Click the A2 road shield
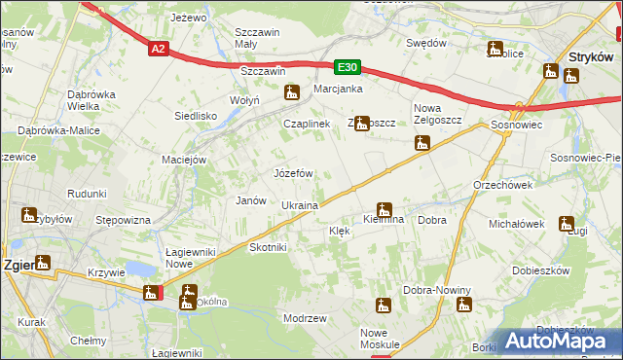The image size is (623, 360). (x=161, y=47)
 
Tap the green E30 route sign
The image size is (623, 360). (x=348, y=67)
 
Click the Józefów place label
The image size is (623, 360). (x=293, y=173)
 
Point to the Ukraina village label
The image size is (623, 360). (x=300, y=206)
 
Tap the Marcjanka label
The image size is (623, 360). (x=338, y=89)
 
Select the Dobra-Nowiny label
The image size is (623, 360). (x=437, y=290)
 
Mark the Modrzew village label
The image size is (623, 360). (x=304, y=318)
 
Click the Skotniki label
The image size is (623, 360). (x=269, y=247)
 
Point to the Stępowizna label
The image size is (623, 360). (x=123, y=220)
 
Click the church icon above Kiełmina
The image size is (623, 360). (x=385, y=208)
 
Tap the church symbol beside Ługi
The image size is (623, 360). (x=566, y=223)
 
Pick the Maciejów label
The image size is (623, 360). (x=185, y=159)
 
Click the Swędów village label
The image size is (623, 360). (x=425, y=44)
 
